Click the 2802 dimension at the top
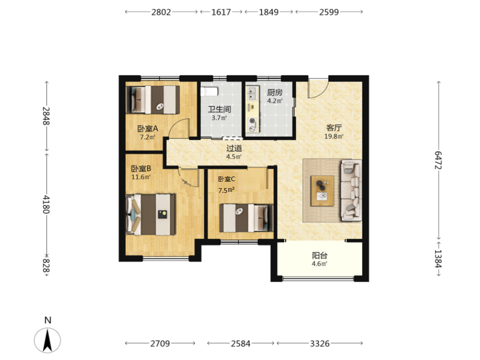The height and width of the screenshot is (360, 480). coord(161,12)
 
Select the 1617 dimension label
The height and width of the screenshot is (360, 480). coord(221,12)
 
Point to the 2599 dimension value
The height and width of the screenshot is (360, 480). coord(329,12)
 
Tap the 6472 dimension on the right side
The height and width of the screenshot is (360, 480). coord(438,160)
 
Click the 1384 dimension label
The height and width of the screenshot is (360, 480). coord(438,259)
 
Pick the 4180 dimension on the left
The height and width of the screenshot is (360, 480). coord(46,204)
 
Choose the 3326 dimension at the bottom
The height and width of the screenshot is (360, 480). coord(320,343)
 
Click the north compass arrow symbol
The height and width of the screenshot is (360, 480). coord(47,340)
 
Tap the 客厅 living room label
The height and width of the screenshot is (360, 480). coord(334,128)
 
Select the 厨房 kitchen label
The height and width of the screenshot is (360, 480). coord(275,92)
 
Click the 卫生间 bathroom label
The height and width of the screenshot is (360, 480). coord(220,109)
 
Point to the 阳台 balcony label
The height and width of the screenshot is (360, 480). coord(320,256)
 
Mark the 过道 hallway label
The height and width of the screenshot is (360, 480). coord(234,148)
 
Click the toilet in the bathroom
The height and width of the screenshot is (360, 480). coord(209,91)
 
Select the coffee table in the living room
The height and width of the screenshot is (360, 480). coord(322,191)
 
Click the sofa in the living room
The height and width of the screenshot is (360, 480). coord(351,190)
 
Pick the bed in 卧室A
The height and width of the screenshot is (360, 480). coord(153,100)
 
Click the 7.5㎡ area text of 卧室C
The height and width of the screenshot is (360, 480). coord(226,190)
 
